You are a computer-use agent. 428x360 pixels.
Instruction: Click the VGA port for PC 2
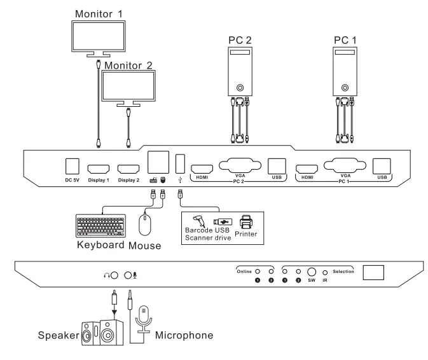240,165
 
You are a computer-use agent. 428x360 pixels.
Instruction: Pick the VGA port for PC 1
345,165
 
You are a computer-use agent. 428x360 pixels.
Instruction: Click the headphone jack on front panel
114,275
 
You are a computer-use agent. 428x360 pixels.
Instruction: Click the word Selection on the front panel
344,270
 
